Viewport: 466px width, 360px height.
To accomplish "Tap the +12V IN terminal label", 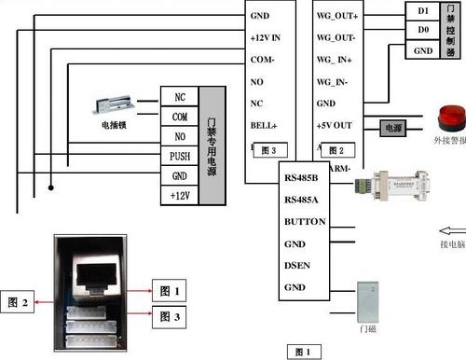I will (271, 36).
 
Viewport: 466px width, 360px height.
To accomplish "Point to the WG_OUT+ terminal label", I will (338, 16).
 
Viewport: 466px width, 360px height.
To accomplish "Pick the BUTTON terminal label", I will (304, 222).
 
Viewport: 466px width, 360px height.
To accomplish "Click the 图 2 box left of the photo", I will (21, 302).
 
